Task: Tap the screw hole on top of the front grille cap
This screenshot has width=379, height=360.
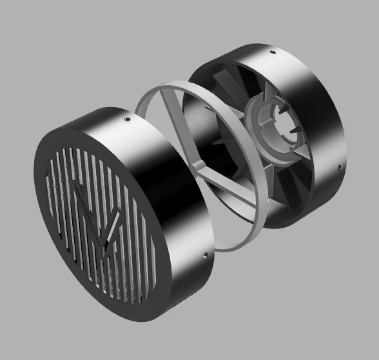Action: [127, 119]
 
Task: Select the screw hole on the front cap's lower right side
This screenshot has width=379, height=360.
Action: [206, 256]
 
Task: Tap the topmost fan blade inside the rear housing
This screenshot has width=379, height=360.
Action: [226, 84]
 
